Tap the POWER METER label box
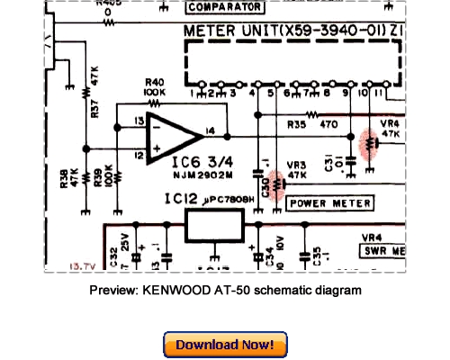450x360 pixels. [x=329, y=203]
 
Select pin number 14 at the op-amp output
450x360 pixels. [x=211, y=131]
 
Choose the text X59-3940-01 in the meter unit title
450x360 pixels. [x=338, y=32]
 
